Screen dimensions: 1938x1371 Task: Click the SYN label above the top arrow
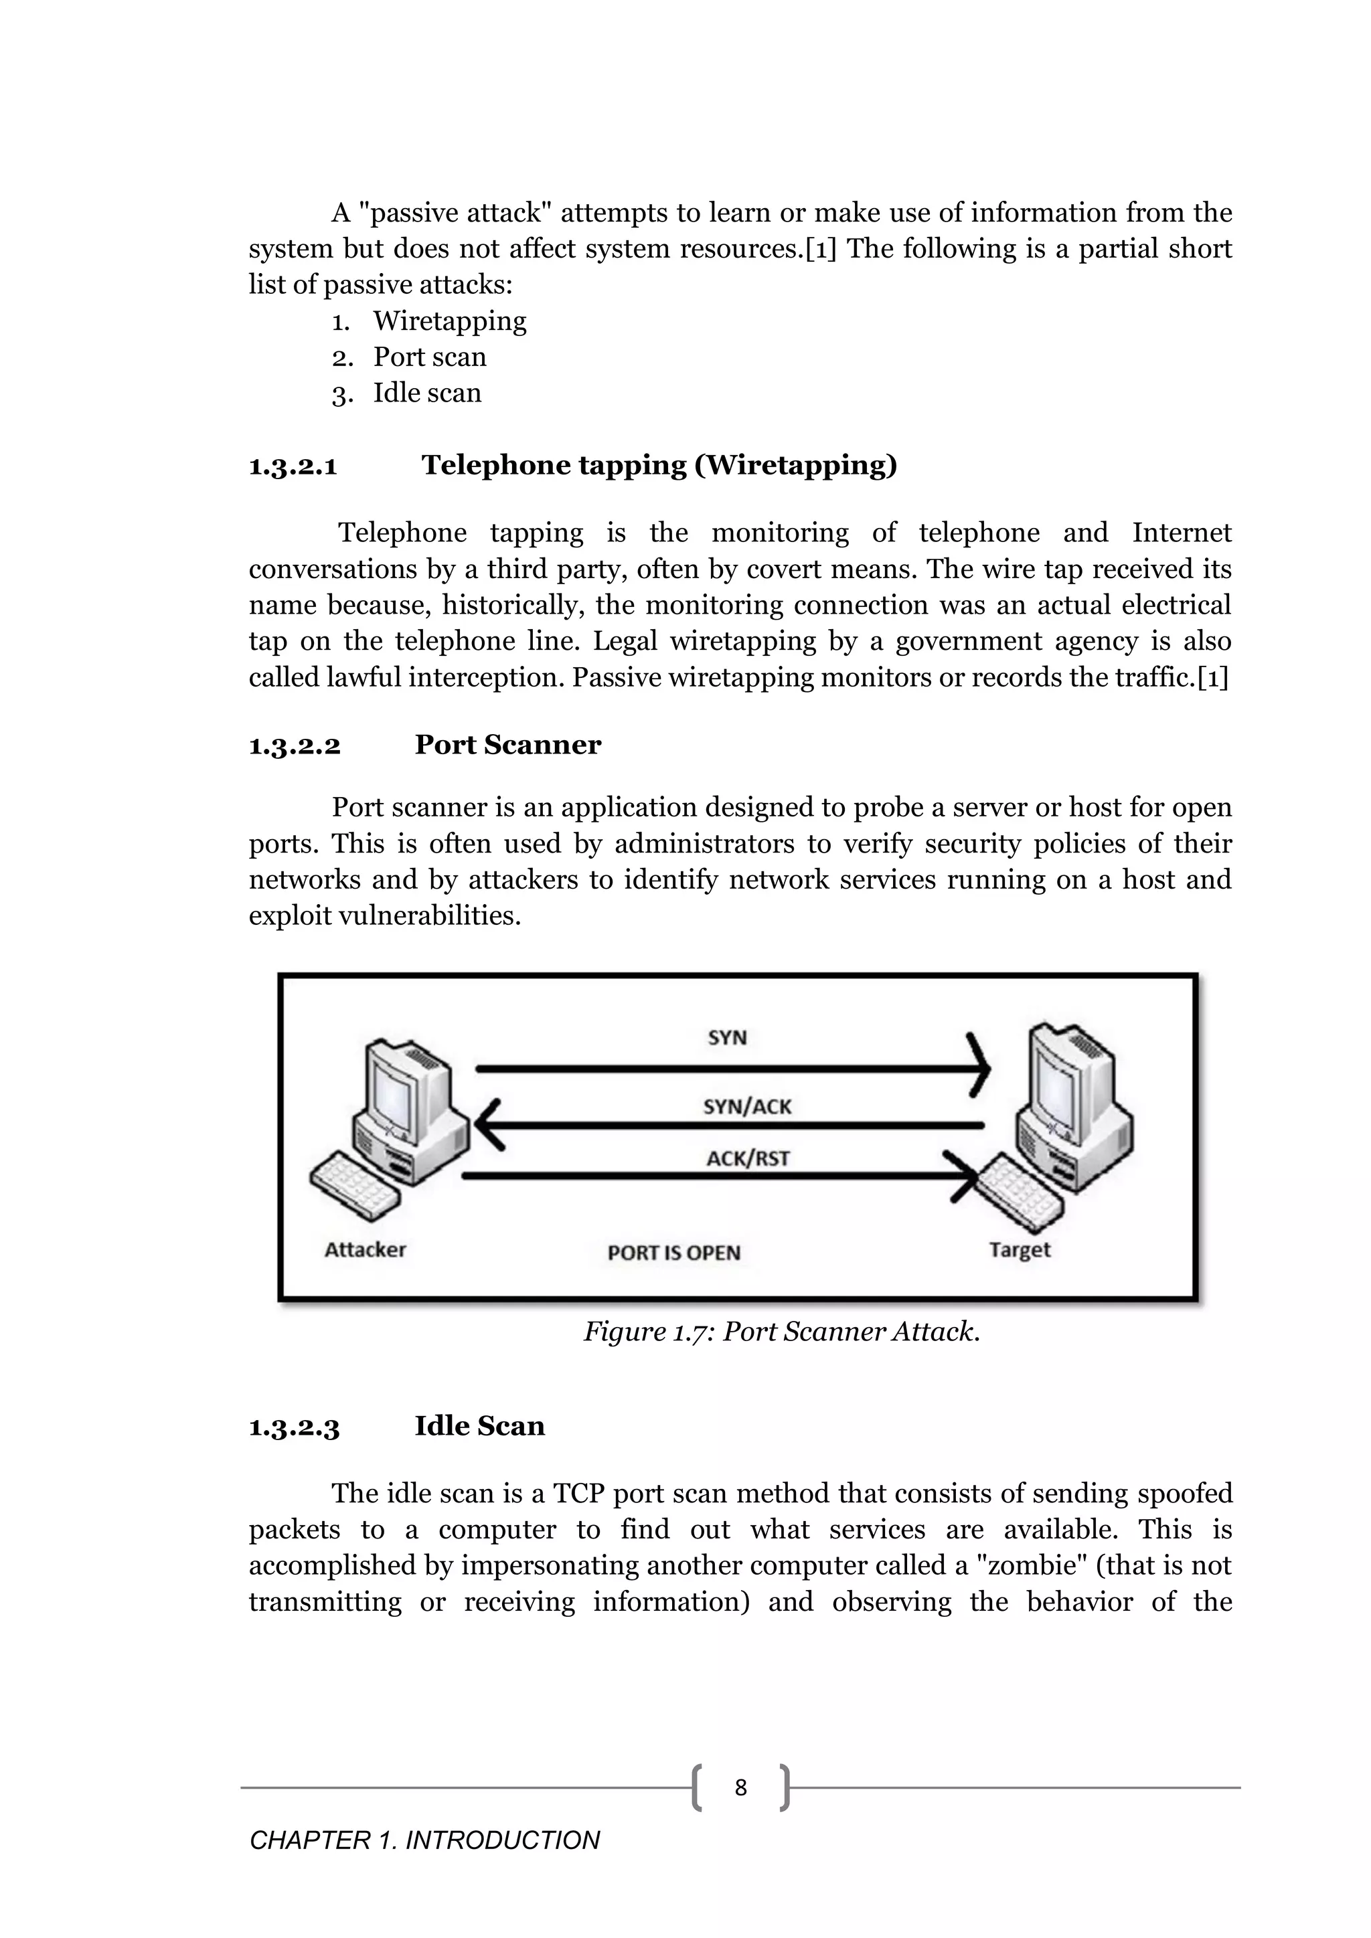tap(727, 1037)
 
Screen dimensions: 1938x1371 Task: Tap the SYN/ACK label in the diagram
tap(747, 1107)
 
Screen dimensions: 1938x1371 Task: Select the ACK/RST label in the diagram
tap(747, 1158)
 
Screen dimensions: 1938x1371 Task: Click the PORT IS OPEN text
tap(673, 1253)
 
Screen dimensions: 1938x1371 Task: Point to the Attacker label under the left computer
tap(365, 1249)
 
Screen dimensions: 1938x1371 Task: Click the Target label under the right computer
tap(1020, 1249)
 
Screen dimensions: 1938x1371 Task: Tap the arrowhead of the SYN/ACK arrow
tap(487, 1125)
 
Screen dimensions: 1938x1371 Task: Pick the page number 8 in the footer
tap(740, 1787)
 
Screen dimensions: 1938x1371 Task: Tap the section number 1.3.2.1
tap(293, 466)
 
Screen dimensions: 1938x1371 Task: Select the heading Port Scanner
tap(507, 744)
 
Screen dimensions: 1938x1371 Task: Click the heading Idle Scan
tap(479, 1425)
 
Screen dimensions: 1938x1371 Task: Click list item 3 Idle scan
tap(427, 393)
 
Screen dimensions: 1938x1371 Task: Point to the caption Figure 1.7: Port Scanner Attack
tap(782, 1331)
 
